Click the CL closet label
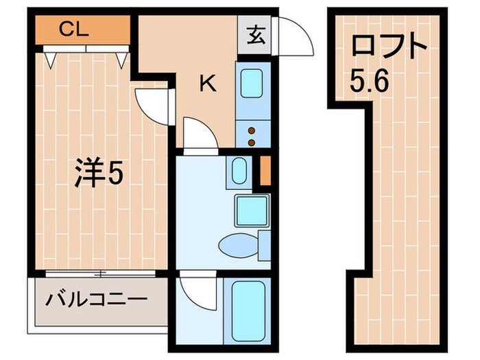tap(74, 29)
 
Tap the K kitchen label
tap(208, 84)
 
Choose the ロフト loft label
tap(389, 47)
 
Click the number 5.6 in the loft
tap(369, 80)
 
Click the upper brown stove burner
tap(252, 131)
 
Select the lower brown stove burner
tap(252, 143)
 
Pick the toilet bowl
tap(237, 245)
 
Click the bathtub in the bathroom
tap(248, 311)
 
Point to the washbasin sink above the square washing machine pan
tap(239, 171)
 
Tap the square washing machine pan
tap(252, 211)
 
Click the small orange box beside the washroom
tap(265, 171)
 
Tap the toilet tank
tap(264, 245)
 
